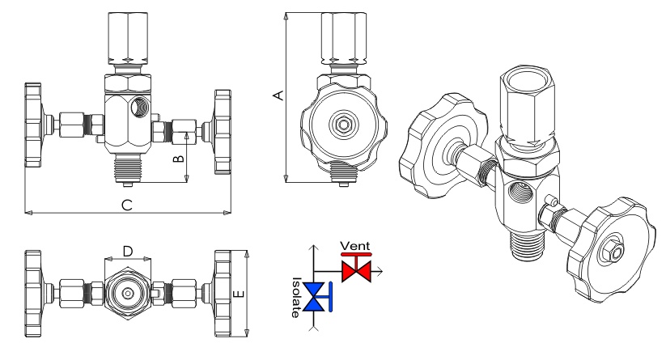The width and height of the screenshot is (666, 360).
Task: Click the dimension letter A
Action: [x=278, y=96]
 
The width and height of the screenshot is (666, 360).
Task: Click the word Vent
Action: [x=354, y=244]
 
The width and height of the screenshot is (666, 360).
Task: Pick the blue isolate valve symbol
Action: [x=326, y=298]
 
